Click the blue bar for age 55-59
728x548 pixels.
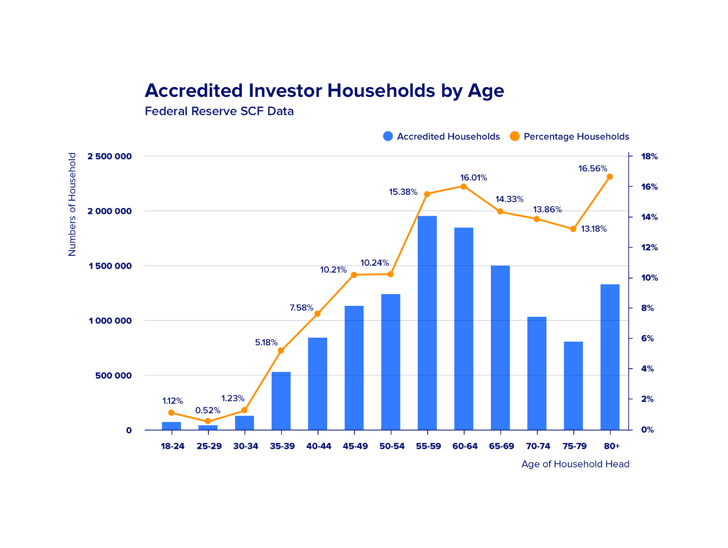pos(427,323)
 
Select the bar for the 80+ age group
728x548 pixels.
pos(610,357)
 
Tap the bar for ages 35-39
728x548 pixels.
pos(281,401)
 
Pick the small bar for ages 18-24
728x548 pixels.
pos(171,426)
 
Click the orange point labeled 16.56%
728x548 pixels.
pos(610,177)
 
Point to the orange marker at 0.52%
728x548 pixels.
pos(207,421)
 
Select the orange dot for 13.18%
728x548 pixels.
pos(573,229)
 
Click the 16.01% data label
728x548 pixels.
pos(473,178)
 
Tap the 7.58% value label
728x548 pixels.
pos(301,308)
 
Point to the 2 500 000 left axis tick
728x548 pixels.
pos(110,157)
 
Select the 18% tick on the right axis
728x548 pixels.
pos(649,157)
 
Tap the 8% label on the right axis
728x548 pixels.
pos(647,308)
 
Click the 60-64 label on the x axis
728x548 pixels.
pos(465,446)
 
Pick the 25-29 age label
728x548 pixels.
pos(209,446)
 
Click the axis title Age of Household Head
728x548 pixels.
pos(575,464)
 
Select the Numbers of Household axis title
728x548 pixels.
pos(72,204)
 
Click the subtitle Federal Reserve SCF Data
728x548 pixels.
pos(219,111)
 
